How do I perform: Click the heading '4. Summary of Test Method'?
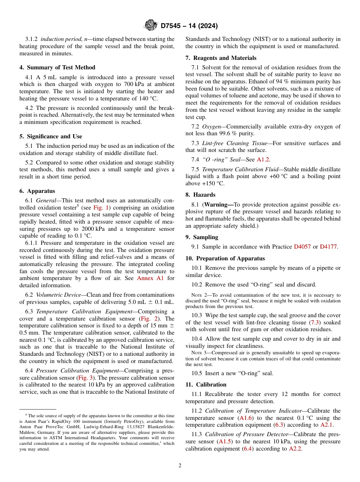coord(57,67)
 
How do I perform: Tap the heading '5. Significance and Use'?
coord(50,136)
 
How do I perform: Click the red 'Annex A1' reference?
coord(150,279)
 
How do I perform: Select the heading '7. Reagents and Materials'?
coord(221,58)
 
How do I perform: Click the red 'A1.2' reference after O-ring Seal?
coord(263,160)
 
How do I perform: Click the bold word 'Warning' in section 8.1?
coord(219,205)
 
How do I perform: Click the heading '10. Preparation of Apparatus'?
coord(225,258)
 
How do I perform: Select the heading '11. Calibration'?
coord(206,385)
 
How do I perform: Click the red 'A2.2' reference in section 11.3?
coord(295,449)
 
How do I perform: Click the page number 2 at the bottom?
coord(180,466)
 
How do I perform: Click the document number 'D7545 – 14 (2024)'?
coord(189,26)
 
